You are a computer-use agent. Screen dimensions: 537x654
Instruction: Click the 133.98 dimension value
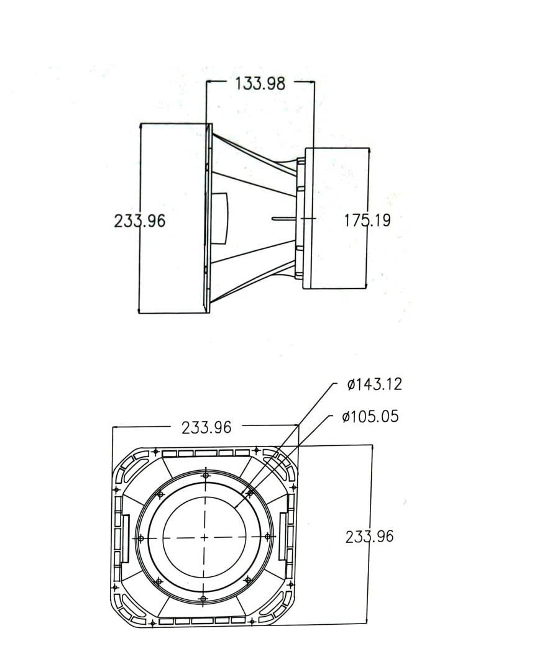[260, 83]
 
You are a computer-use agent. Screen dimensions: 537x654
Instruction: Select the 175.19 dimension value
[367, 220]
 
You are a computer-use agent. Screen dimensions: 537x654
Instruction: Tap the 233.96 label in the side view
[140, 220]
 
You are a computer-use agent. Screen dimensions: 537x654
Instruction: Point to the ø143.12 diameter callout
[374, 384]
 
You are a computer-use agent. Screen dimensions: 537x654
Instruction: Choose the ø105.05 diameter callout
[370, 416]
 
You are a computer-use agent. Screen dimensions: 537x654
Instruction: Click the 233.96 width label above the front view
[206, 427]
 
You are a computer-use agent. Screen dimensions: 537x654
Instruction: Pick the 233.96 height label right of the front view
[370, 537]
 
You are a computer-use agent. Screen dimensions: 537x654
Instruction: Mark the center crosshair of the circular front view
[204, 538]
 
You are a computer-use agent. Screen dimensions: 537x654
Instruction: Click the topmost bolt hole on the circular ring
[205, 476]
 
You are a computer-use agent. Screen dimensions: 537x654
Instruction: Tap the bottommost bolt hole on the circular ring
[203, 599]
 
